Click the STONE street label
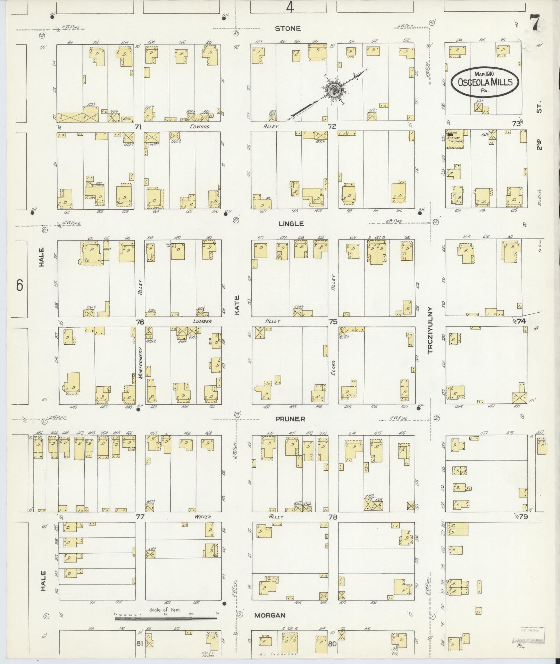point(287,28)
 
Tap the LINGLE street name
point(291,224)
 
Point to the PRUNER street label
point(290,419)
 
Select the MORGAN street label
point(270,615)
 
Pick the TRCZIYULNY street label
point(431,330)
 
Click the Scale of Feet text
point(165,610)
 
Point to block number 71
point(138,127)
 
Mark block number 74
point(521,321)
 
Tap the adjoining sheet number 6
point(19,286)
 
